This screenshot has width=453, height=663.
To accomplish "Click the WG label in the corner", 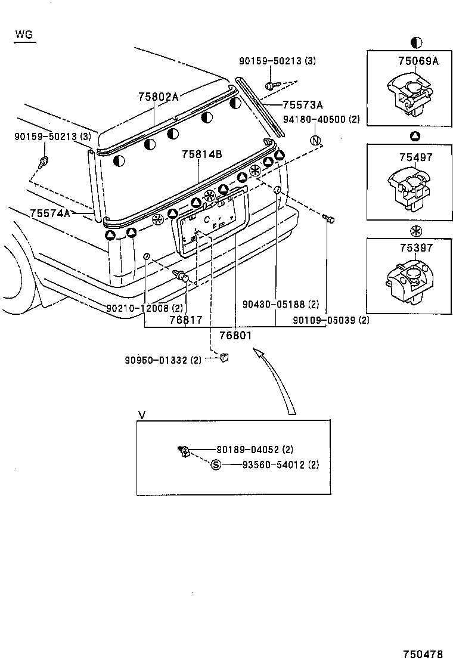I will [x=24, y=35].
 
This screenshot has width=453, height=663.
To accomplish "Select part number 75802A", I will [x=158, y=96].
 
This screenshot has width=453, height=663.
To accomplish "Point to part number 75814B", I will [x=202, y=154].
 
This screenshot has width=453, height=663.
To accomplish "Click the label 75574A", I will [x=50, y=213].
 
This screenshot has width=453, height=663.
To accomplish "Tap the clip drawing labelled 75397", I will [x=410, y=281].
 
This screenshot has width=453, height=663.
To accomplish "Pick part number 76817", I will [x=185, y=320].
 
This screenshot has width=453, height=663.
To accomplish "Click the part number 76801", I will [x=237, y=336].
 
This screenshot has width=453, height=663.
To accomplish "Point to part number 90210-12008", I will [x=145, y=308].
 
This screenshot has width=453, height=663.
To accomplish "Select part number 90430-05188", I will [x=281, y=304].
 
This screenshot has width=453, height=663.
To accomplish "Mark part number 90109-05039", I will [x=331, y=320].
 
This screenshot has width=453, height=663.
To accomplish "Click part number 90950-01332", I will [x=164, y=360].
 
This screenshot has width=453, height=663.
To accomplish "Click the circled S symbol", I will [x=216, y=465].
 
